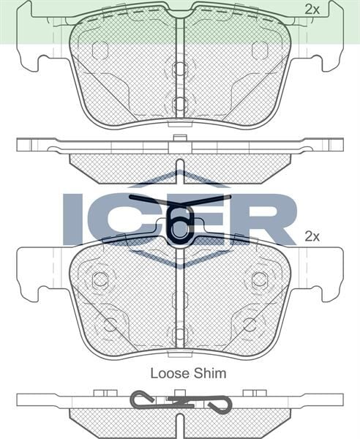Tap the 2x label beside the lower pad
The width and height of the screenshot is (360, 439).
click(312, 236)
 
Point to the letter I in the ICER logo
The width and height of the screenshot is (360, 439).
click(73, 218)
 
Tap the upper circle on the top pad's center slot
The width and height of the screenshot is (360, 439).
click(180, 70)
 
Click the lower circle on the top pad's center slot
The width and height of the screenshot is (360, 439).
click(180, 103)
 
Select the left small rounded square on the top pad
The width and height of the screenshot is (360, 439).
click(100, 50)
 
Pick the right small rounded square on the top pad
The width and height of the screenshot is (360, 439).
click(260, 50)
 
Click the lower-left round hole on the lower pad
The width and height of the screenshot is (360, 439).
click(110, 324)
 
